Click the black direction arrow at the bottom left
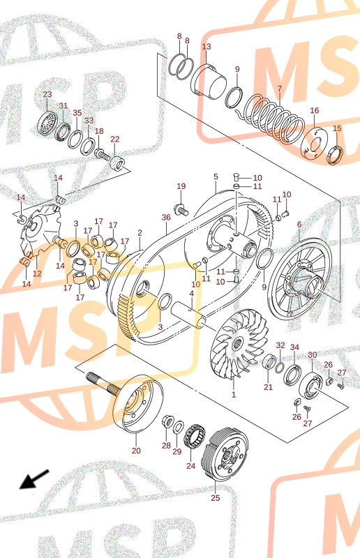pyautogui.click(x=34, y=479)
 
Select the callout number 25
pyautogui.click(x=216, y=497)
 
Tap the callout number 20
pyautogui.click(x=136, y=451)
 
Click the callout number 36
pyautogui.click(x=166, y=217)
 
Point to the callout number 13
pyautogui.click(x=207, y=47)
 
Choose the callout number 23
pyautogui.click(x=47, y=94)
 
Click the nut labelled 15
pyautogui.click(x=335, y=154)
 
